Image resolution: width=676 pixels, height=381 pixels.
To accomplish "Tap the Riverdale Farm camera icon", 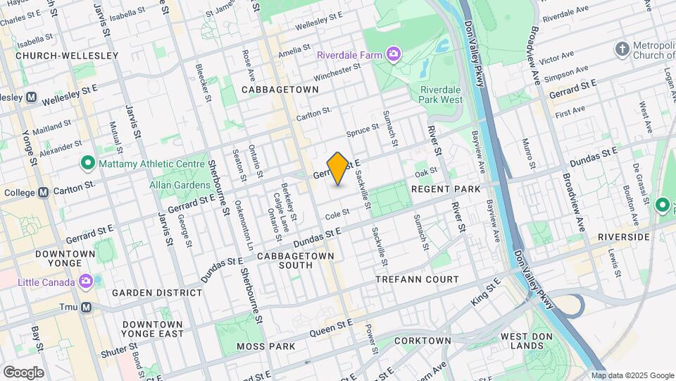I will click(x=393, y=54).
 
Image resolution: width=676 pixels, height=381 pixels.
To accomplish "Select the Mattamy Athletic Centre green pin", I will click(x=87, y=164).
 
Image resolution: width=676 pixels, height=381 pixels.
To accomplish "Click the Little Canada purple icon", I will click(x=86, y=282).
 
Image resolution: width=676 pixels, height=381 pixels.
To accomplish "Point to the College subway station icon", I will click(x=43, y=192).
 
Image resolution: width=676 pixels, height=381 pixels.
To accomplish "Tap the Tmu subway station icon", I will click(x=86, y=307).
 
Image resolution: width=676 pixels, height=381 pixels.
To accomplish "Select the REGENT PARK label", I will click(x=445, y=189).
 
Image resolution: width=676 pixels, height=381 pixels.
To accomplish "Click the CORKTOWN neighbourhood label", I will click(x=423, y=341).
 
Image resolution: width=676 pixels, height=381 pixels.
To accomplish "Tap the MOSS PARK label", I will click(x=266, y=346).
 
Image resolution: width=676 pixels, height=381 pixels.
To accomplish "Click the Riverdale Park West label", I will click(x=442, y=95).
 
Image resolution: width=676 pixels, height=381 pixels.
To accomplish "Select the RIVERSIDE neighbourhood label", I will click(x=623, y=237).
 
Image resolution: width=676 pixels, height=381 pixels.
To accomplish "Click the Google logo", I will click(x=23, y=372).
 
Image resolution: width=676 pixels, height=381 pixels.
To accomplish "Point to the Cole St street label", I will click(x=337, y=212).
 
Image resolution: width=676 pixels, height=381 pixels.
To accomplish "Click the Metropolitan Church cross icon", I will click(x=622, y=49).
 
